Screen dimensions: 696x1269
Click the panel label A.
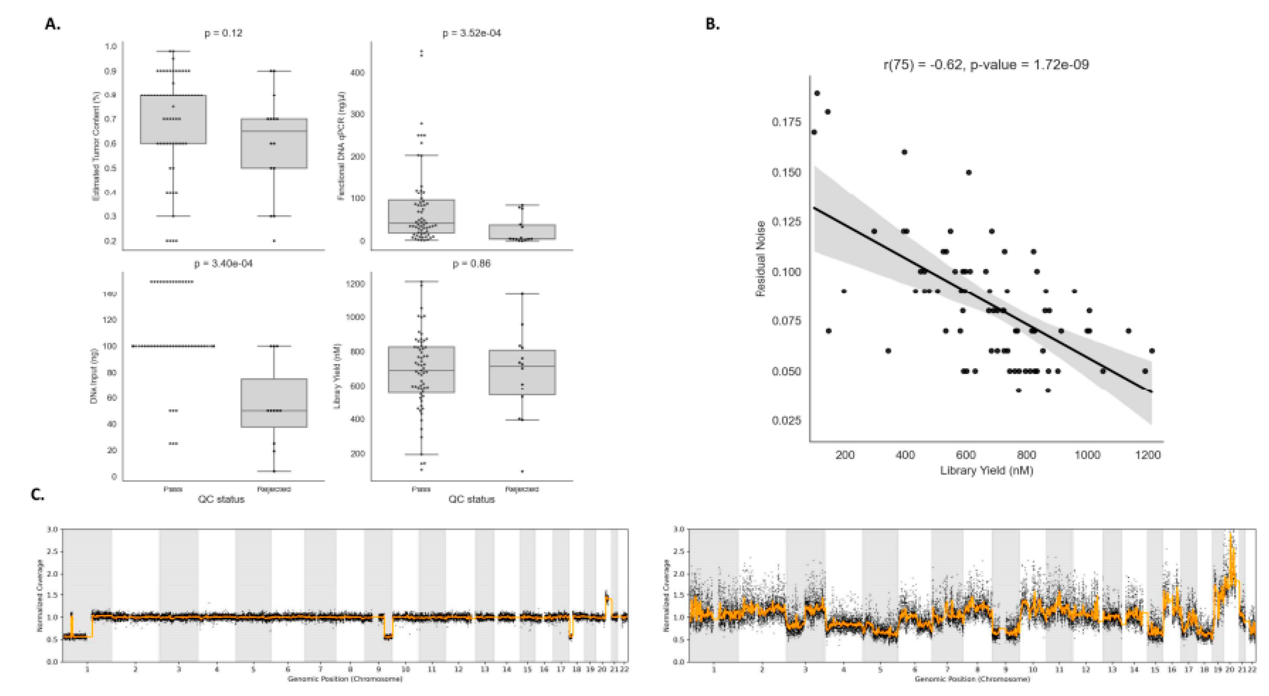click(52, 24)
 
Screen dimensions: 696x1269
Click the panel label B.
click(712, 24)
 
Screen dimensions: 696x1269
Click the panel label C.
click(38, 494)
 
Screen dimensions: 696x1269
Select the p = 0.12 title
click(223, 33)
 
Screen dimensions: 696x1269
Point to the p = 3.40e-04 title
click(223, 263)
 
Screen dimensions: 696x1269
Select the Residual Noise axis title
click(760, 258)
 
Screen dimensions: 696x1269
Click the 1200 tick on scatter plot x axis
click(1148, 455)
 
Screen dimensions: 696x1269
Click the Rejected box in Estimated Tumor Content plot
click(274, 143)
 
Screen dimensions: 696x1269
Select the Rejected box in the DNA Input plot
click(274, 402)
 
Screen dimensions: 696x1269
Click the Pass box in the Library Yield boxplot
click(421, 369)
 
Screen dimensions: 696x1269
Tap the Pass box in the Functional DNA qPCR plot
click(421, 216)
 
